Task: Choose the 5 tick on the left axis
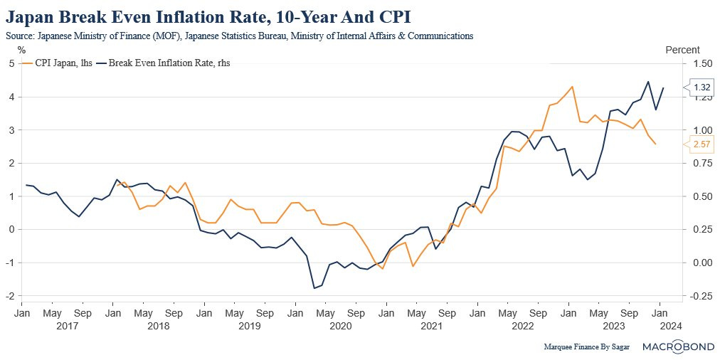click(x=11, y=63)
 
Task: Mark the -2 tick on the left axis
click(x=10, y=295)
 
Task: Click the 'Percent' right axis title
click(x=682, y=50)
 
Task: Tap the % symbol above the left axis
click(x=21, y=50)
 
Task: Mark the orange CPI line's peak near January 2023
click(x=572, y=87)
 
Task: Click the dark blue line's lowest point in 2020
click(x=314, y=288)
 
